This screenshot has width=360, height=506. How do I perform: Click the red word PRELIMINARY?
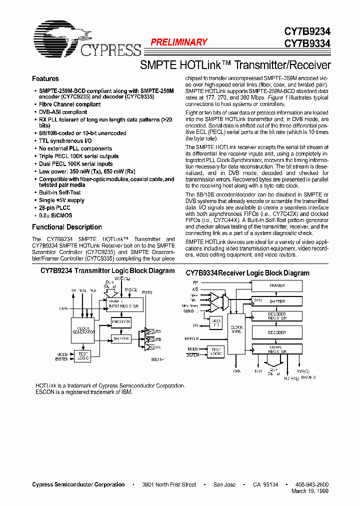(179, 42)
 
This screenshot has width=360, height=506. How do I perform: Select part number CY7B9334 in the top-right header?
(307, 43)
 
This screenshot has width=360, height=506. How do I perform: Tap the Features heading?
(45, 78)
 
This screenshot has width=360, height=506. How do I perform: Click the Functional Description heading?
(67, 227)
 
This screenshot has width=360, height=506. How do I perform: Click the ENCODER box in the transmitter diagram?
(121, 322)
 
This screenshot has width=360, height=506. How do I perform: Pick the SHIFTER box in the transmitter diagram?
(121, 338)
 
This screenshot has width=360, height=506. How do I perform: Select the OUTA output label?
(156, 331)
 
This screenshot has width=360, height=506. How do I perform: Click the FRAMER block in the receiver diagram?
(276, 285)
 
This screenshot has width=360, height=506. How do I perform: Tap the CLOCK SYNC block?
(236, 330)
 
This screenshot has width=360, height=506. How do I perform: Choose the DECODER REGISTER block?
(276, 316)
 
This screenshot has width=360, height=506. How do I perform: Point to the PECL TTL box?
(216, 323)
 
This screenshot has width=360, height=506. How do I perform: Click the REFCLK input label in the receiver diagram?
(192, 338)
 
